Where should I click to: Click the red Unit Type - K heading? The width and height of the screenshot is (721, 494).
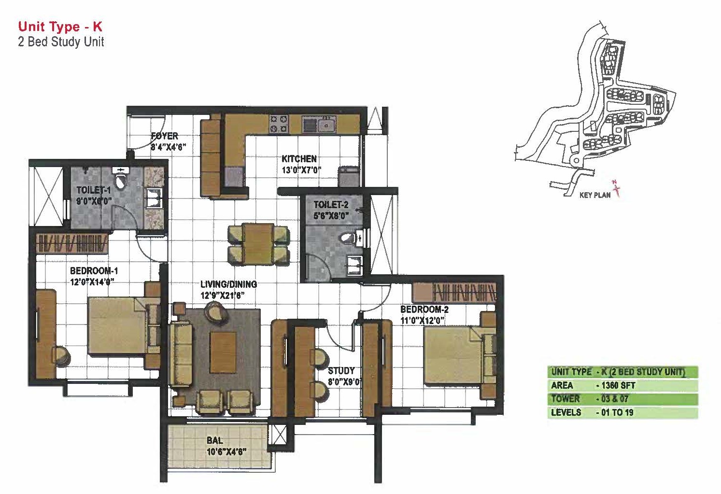tap(60, 27)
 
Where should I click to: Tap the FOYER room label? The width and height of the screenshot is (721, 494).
tap(165, 136)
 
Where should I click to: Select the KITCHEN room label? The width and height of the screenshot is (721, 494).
tap(299, 159)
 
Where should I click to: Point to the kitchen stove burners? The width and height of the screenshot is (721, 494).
tap(279, 124)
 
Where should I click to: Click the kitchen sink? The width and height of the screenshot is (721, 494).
tap(327, 125)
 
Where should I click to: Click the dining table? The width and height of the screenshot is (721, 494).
tap(258, 244)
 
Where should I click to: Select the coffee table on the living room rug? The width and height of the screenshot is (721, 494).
tap(223, 353)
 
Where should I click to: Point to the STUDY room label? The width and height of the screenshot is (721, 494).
tap(341, 371)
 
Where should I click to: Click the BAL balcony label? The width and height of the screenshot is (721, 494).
tap(215, 440)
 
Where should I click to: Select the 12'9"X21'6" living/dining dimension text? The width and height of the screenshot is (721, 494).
tap(222, 295)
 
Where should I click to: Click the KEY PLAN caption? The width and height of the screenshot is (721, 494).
tap(595, 195)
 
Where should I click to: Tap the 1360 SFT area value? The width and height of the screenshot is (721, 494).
tap(618, 385)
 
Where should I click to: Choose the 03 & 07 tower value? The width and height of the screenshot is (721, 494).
tap(614, 399)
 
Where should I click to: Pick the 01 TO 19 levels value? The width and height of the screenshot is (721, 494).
tap(617, 412)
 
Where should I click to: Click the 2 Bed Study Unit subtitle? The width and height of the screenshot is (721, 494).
tap(61, 42)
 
